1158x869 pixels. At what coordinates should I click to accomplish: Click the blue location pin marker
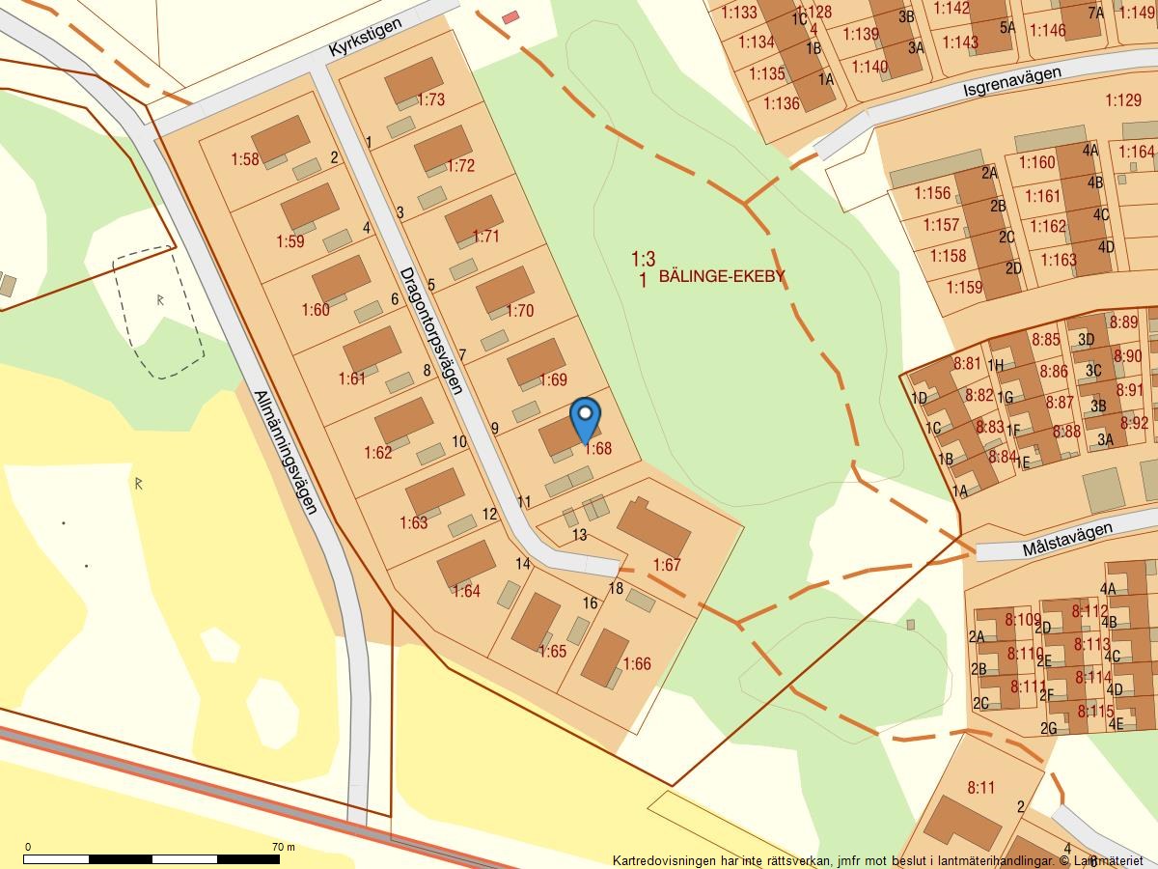(585, 420)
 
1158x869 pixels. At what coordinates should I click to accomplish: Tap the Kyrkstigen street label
(364, 37)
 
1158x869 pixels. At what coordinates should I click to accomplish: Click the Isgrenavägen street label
(1011, 82)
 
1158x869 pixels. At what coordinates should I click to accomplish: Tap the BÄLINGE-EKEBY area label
(722, 277)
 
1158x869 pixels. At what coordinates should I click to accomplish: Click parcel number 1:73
(431, 99)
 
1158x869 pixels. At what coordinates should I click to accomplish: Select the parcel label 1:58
(245, 159)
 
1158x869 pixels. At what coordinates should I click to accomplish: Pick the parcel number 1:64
(466, 591)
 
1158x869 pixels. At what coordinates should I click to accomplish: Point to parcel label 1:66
(637, 664)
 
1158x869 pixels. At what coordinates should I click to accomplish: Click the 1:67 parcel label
(667, 565)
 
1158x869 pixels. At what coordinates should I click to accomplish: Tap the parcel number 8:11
(980, 788)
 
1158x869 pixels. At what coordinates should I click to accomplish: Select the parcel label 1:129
(1123, 100)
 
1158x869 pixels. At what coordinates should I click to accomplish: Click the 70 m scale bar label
(283, 847)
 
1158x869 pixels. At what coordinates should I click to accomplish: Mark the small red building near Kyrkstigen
(510, 17)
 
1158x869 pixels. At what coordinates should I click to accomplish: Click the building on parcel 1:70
(505, 289)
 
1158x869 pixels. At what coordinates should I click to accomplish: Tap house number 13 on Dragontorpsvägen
(579, 535)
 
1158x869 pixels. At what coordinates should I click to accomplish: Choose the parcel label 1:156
(932, 193)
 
